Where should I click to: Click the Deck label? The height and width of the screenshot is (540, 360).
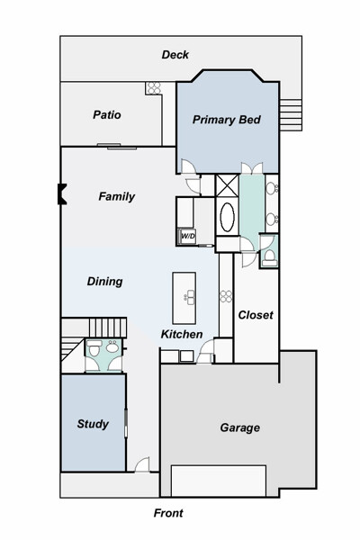pyautogui.click(x=175, y=55)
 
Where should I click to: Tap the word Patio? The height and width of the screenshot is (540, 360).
pyautogui.click(x=107, y=114)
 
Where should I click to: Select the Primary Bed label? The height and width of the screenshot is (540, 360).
pyautogui.click(x=226, y=120)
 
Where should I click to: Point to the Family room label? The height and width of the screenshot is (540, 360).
pyautogui.click(x=116, y=196)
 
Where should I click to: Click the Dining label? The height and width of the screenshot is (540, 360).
pyautogui.click(x=104, y=282)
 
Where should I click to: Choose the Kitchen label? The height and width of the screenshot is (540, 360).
pyautogui.click(x=182, y=334)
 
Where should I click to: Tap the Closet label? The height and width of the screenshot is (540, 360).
pyautogui.click(x=256, y=315)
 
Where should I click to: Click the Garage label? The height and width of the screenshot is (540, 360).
pyautogui.click(x=239, y=427)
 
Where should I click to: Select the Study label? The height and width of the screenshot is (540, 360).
pyautogui.click(x=93, y=424)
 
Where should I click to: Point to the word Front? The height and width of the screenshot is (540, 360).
pyautogui.click(x=168, y=513)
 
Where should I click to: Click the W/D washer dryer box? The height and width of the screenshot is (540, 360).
pyautogui.click(x=188, y=237)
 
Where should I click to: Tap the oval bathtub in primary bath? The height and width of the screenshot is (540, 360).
pyautogui.click(x=227, y=217)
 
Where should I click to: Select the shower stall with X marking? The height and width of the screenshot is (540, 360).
pyautogui.click(x=227, y=185)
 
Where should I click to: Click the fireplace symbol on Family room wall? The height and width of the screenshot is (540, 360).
pyautogui.click(x=62, y=194)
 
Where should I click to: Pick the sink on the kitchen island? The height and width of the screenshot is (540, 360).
pyautogui.click(x=190, y=297)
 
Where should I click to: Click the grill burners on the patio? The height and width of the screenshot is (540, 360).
pyautogui.click(x=153, y=88)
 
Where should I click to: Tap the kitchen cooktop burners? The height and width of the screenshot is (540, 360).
pyautogui.click(x=226, y=296)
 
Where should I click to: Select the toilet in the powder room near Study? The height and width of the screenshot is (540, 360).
pyautogui.click(x=94, y=348)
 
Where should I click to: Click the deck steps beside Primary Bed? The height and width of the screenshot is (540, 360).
pyautogui.click(x=291, y=114)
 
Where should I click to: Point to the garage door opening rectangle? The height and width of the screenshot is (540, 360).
pyautogui.click(x=219, y=481)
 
